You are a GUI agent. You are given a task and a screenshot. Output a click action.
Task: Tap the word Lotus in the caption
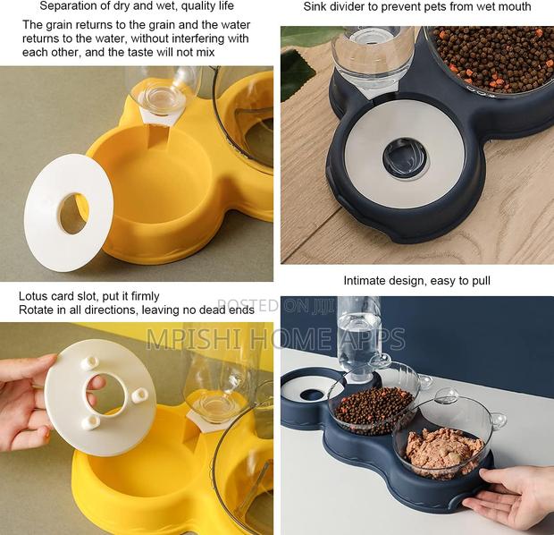point(35,296)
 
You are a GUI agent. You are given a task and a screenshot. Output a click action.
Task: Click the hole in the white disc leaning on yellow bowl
point(73,214)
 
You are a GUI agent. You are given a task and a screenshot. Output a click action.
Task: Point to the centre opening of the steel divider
point(405,157)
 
